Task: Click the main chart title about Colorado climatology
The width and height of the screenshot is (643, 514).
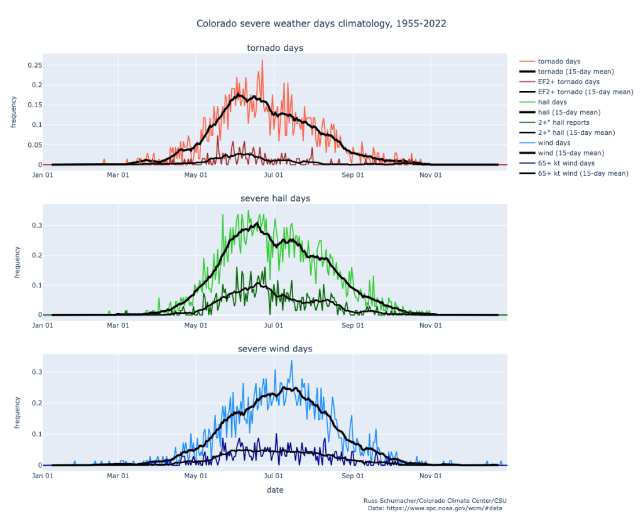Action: pos(321,24)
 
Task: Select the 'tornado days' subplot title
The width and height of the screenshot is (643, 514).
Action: pos(275,48)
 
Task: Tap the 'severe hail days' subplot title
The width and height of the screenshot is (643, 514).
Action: pos(275,198)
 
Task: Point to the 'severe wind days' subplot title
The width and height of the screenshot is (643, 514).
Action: pos(275,348)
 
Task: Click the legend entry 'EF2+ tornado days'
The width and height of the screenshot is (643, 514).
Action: pos(568,82)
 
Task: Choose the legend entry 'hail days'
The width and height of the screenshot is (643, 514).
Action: pos(552,102)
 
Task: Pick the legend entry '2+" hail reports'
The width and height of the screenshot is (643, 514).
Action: pos(563,122)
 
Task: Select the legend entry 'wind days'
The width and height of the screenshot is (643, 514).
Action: pos(553,142)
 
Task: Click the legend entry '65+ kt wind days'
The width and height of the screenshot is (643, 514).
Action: pos(566,163)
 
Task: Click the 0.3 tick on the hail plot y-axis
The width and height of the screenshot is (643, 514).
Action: pos(36,225)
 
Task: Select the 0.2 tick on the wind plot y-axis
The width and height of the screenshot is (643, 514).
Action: pos(36,403)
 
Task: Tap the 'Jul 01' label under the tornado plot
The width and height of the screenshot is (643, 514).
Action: pos(274,175)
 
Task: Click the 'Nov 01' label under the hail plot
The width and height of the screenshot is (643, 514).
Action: pos(430,325)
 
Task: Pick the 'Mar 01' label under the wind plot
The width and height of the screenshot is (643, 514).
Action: pos(118,476)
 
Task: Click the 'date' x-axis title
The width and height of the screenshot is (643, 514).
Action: pos(275,490)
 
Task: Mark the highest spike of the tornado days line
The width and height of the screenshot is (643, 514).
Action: pos(262,60)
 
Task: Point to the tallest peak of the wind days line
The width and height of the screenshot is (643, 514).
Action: pos(291,361)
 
